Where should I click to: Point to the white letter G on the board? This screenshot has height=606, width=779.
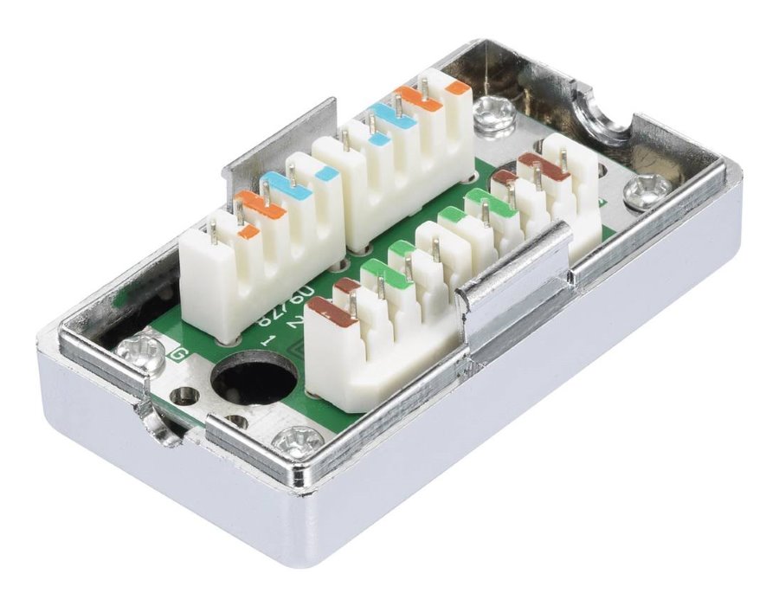[181, 354]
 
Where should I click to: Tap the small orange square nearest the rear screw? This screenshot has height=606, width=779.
[459, 87]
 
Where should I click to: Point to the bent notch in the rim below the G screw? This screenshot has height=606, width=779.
[156, 423]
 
